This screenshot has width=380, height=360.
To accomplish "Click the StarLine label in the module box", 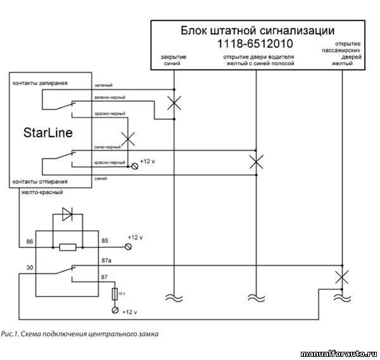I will [48, 133].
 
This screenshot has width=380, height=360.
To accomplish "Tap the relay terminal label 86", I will [29, 242].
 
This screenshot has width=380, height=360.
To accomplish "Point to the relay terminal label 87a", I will [106, 260].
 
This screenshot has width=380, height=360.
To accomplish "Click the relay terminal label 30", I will [29, 268].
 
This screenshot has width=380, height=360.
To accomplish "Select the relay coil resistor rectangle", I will [68, 247].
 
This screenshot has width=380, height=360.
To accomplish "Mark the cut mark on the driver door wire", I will [256, 161].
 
